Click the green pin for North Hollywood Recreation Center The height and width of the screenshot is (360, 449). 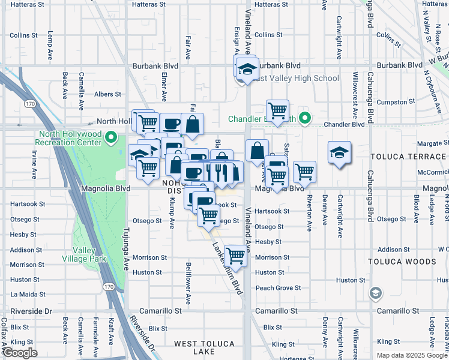110,138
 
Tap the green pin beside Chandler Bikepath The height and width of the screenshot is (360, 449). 304,118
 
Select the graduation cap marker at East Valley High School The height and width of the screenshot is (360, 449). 247,70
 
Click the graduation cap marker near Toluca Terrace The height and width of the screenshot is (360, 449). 339,152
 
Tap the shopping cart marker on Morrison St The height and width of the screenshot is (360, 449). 236,256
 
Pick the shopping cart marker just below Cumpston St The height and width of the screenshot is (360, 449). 277,111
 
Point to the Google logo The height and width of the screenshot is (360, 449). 20,353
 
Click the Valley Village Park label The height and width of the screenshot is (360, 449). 89,254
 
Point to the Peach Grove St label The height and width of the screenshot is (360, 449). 278,288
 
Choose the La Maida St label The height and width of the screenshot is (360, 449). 28,295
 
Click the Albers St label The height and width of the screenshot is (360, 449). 107,94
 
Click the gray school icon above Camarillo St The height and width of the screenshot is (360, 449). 376,293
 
